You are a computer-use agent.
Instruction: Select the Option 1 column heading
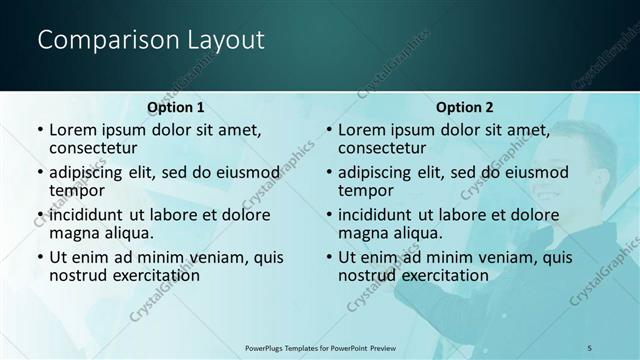(x=176, y=107)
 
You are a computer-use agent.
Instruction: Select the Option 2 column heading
(x=465, y=107)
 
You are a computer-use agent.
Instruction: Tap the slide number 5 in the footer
(x=590, y=346)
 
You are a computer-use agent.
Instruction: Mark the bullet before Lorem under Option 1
(x=39, y=130)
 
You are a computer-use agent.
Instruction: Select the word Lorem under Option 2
(x=361, y=130)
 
